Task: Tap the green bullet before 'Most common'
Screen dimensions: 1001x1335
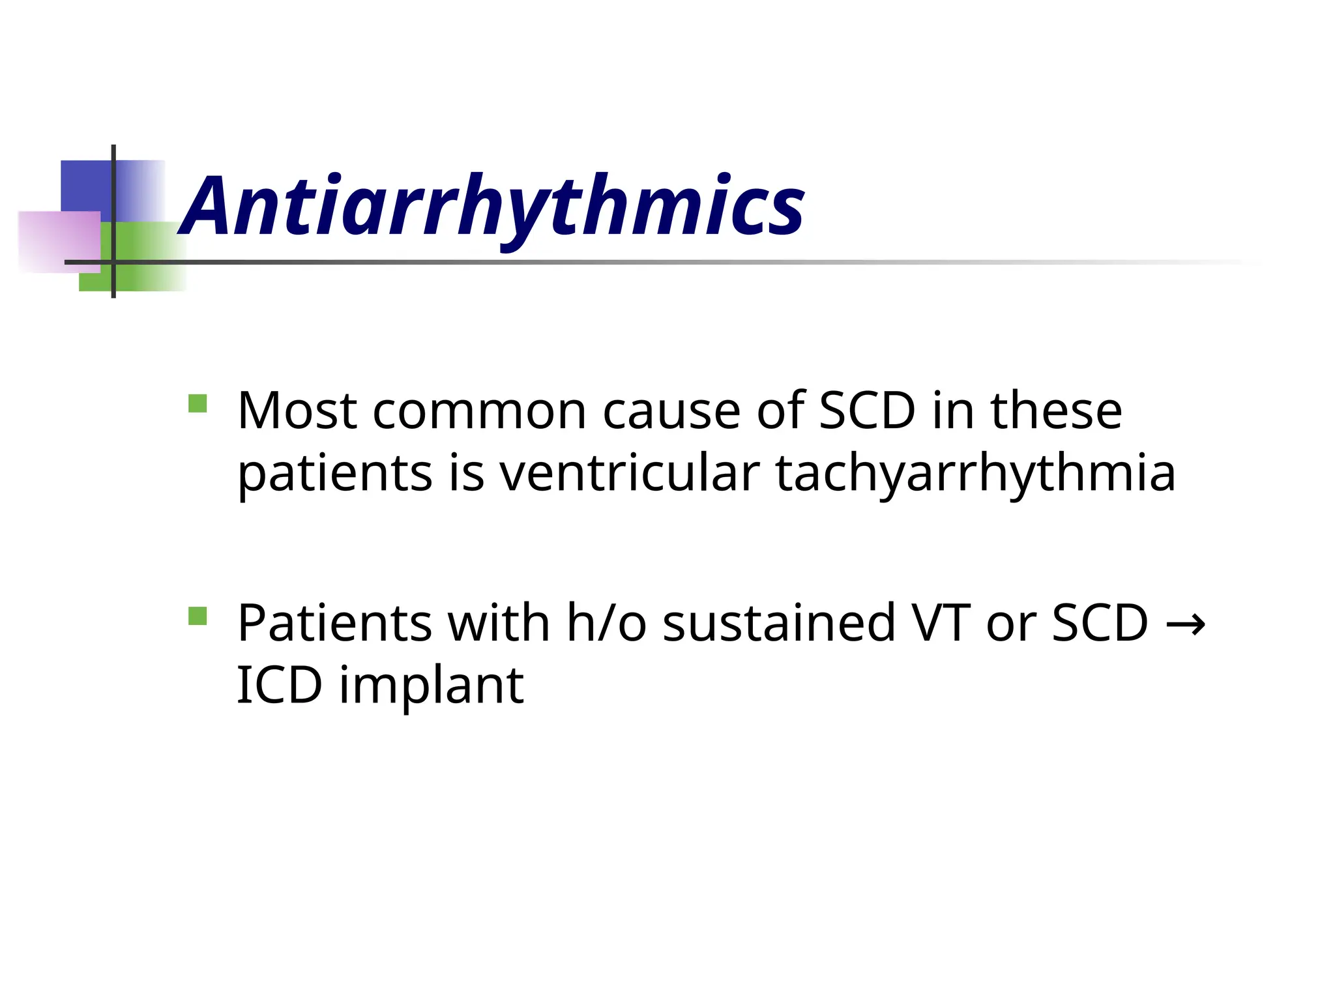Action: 197,404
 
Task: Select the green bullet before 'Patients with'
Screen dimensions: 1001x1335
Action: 197,616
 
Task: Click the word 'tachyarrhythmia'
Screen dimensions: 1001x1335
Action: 975,474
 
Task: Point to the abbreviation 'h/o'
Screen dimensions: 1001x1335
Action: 607,623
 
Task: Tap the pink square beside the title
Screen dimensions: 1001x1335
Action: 59,242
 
